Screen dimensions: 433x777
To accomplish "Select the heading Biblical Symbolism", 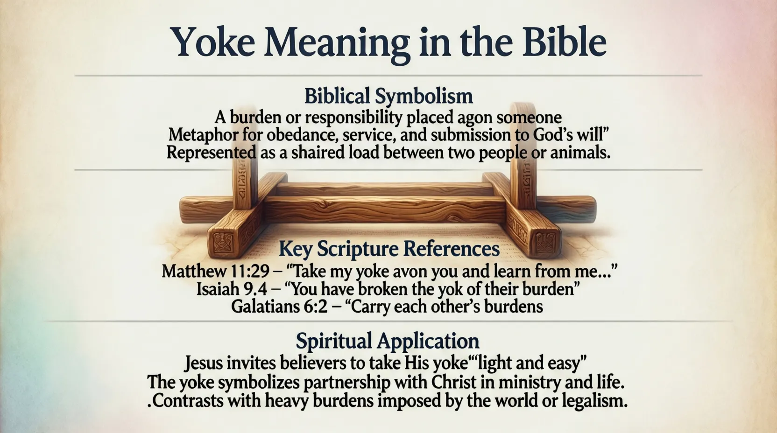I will [388, 96].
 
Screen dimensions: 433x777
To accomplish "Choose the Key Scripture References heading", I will [388, 249].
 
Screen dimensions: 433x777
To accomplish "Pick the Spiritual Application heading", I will [388, 341].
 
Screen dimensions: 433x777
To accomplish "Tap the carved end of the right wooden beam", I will [546, 242].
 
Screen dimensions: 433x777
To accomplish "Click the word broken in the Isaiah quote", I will [388, 289].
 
